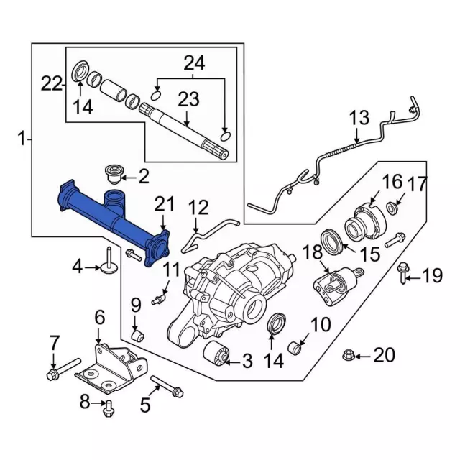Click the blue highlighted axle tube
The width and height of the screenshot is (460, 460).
[x=108, y=219]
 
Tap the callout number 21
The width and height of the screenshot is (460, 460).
[x=164, y=205]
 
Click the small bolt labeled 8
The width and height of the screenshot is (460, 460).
[x=108, y=408]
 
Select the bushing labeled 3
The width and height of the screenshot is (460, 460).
[x=216, y=354]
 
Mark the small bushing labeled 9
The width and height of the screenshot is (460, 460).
[x=140, y=335]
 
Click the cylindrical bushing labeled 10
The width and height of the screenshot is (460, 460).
[x=295, y=349]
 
